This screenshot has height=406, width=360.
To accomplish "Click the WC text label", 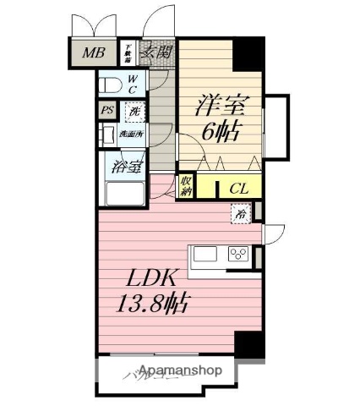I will point(133,85).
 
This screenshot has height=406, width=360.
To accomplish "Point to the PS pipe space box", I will point(106,110).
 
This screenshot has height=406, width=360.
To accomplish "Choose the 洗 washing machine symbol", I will point(134,111).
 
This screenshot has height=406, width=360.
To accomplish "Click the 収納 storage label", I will point(186,186).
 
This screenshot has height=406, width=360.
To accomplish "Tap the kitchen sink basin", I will point(206,254).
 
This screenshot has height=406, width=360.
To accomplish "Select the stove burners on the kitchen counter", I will point(237,254).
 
